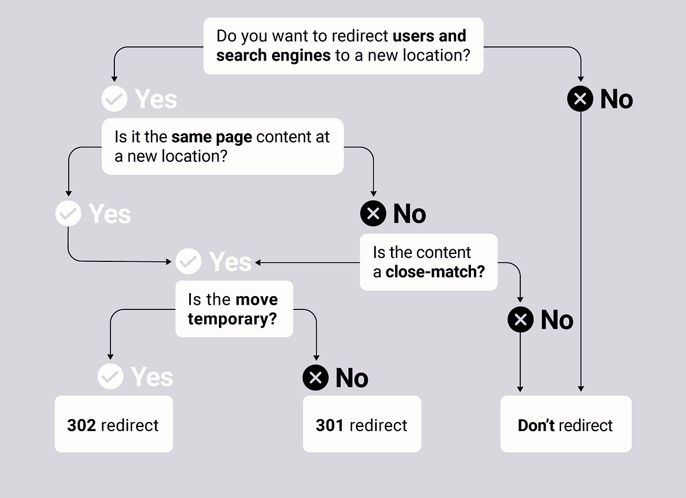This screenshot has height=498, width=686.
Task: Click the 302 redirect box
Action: [x=113, y=424]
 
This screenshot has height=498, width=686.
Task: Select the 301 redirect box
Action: [x=362, y=424]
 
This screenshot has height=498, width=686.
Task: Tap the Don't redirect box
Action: [x=565, y=424]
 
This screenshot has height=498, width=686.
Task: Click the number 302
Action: [x=81, y=425]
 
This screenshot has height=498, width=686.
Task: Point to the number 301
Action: [x=330, y=425]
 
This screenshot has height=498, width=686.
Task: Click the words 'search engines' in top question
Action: [x=273, y=55]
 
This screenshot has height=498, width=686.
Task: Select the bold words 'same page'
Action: [x=212, y=137]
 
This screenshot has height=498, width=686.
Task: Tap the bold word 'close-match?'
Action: [x=435, y=272]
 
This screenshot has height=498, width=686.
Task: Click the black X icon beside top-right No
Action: [x=580, y=99]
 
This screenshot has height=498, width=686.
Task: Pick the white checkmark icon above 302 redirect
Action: [x=110, y=376]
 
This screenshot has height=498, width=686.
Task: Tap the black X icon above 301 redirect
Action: [x=316, y=377]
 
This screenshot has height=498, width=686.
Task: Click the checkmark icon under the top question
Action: [x=114, y=99]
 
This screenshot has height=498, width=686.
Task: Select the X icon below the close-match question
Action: [x=520, y=320]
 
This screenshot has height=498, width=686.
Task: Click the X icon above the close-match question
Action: [x=373, y=214]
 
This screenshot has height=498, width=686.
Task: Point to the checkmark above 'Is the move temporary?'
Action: [x=188, y=261]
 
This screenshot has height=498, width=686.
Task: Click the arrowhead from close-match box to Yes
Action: [x=258, y=262]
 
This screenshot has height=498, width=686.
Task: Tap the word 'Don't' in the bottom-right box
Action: [x=536, y=425]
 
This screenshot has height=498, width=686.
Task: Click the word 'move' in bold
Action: [x=256, y=300]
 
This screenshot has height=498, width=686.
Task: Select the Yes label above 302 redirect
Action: [x=151, y=377]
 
